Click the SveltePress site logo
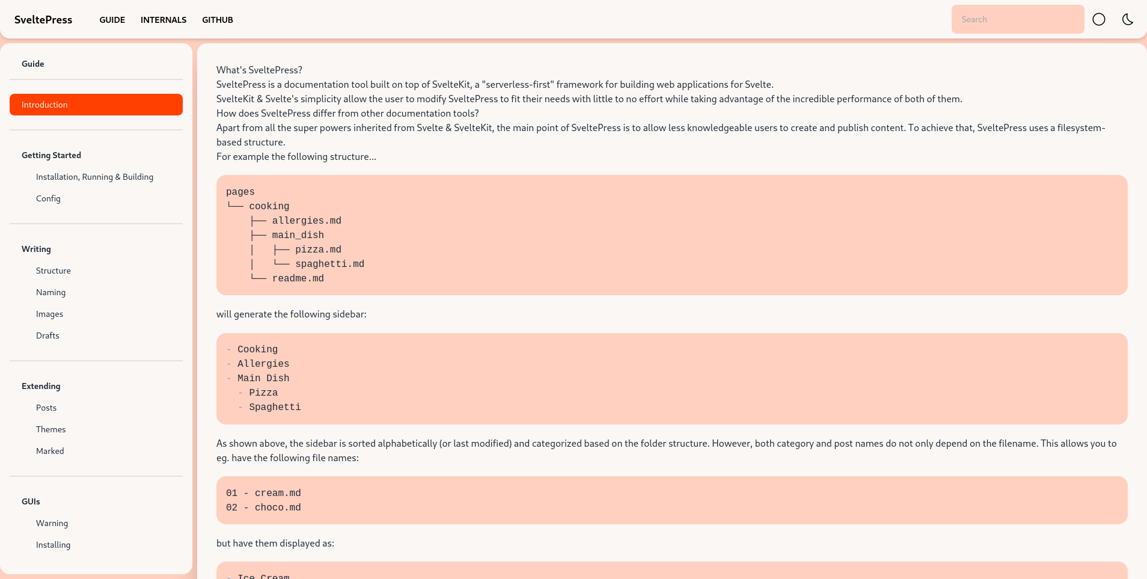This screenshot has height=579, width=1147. coord(43,20)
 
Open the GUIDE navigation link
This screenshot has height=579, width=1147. coord(112,20)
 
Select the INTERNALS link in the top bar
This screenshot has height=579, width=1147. coord(164,20)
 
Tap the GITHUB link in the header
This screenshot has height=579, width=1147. coord(218,20)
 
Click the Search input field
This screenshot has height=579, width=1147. coord(1017,19)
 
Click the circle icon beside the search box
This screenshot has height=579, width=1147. coord(1099,19)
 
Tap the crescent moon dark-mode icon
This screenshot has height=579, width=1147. coord(1128,19)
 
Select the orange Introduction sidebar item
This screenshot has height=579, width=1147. coord(96,105)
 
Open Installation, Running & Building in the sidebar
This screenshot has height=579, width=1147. coord(94,177)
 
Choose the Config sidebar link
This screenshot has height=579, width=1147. coord(48,198)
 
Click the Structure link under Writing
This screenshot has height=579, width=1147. coord(54,271)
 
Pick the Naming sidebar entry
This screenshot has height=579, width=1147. coord(51,292)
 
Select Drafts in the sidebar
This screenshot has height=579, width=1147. coord(47,335)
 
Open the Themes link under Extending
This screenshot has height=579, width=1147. coord(51,429)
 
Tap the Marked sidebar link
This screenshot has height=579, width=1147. coord(50,451)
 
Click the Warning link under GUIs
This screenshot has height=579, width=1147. coord(52,523)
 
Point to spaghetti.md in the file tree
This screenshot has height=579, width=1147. coord(329,264)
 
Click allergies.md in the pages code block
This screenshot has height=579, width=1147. coord(307,221)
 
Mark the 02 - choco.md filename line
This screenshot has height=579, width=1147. coord(263,507)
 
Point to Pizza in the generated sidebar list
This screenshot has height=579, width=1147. coord(263,393)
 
